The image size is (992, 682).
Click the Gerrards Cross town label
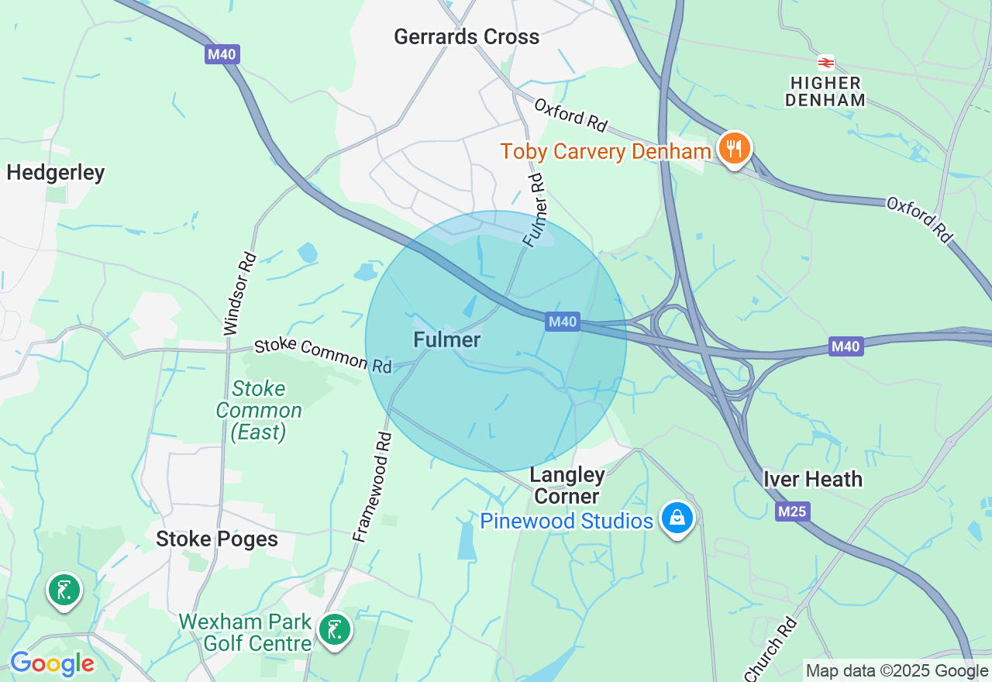tap(467, 36)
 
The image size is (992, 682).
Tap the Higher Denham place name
tap(825, 91)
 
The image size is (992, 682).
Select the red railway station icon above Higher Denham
tap(825, 63)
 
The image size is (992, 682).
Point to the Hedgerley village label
tap(55, 172)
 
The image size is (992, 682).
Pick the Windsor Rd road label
tap(240, 294)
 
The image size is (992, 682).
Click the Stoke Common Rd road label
tap(323, 355)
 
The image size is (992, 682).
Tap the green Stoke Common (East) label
tap(259, 410)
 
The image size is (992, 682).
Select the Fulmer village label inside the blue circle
tap(447, 339)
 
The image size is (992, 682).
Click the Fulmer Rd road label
tap(534, 210)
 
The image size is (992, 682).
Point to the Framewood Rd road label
tap(373, 487)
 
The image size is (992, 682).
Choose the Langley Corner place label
tap(567, 485)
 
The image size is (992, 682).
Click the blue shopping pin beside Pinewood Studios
tap(677, 518)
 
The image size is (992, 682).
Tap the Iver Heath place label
tap(813, 479)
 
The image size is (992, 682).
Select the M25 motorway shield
tap(791, 511)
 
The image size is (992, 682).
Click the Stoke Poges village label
tap(217, 539)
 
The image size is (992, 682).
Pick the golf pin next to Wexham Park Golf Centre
tap(335, 629)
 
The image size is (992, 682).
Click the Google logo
tap(52, 664)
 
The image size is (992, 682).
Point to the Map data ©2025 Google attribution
tap(897, 671)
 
